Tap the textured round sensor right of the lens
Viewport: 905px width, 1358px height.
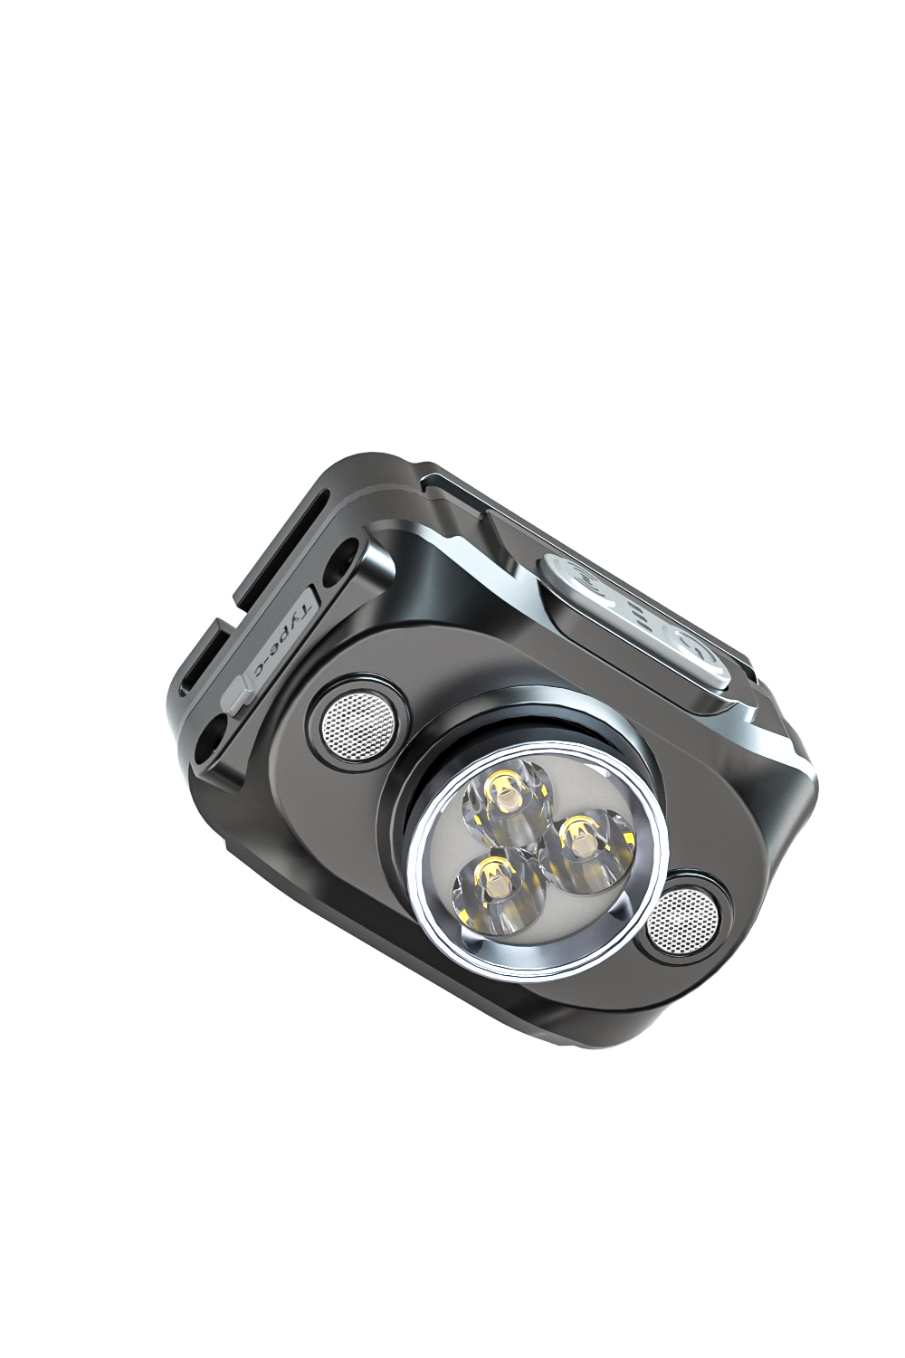point(683,919)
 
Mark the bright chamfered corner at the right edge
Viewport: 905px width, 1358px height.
point(796,770)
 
